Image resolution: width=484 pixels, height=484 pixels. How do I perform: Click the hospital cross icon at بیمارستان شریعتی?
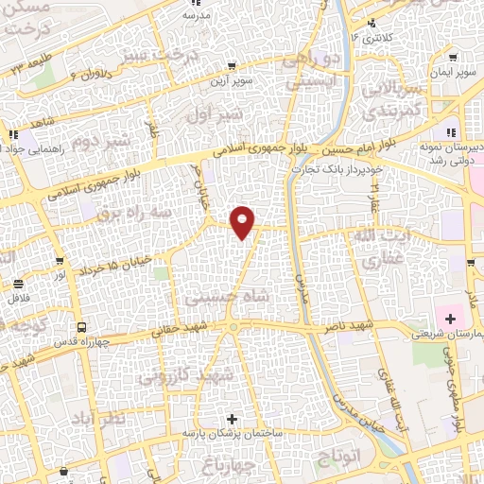(x=451, y=318)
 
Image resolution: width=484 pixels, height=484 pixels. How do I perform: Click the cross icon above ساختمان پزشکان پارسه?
(x=233, y=418)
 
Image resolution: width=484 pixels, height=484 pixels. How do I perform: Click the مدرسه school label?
(x=196, y=15)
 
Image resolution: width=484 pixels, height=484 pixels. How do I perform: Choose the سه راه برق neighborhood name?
(x=132, y=212)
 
